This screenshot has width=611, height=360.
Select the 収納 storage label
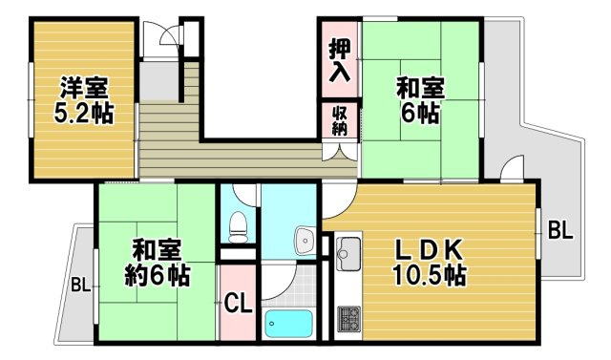pos(339,122)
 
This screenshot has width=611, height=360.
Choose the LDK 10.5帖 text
pos(431,264)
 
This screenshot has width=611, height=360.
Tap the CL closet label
pos(238,306)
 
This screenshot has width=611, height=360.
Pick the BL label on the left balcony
pos(81,285)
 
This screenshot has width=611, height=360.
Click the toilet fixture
pos(237,225)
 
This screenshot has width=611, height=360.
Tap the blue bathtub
pos(288,325)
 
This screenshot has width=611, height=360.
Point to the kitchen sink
pos(346,252)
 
